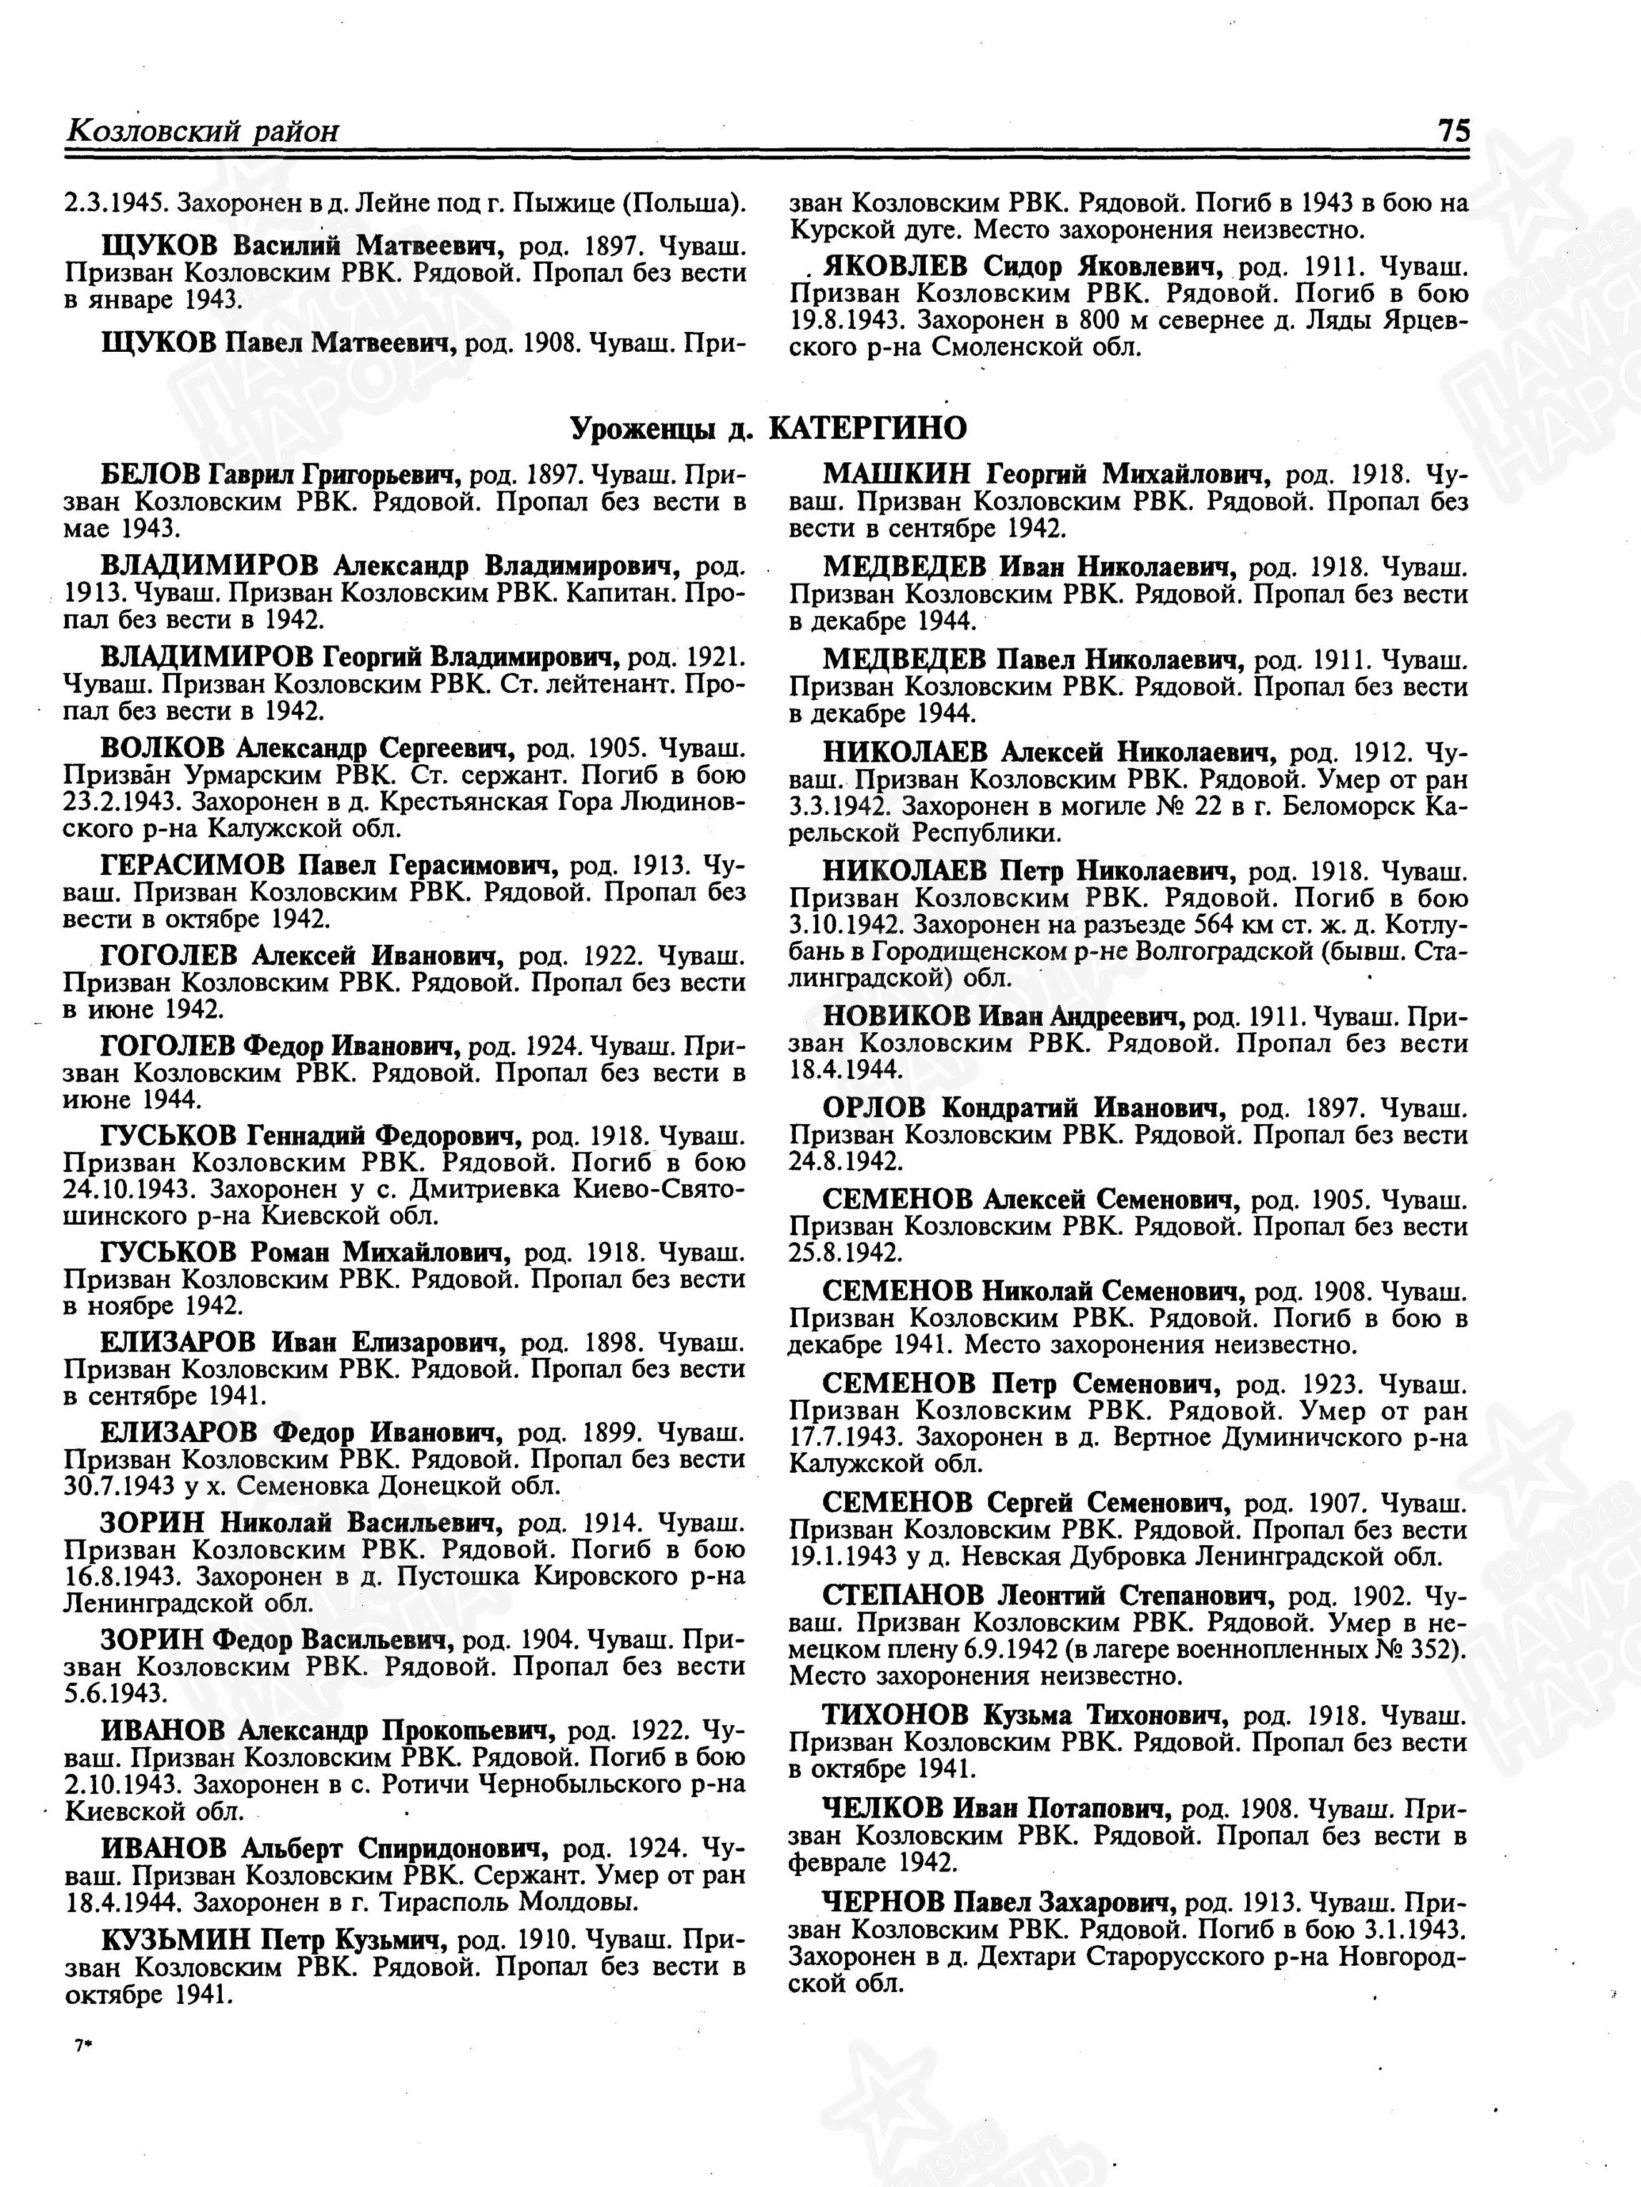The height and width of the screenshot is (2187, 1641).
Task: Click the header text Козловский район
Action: click(x=202, y=131)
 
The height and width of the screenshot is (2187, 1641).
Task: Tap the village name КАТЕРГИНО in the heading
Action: click(x=867, y=428)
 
